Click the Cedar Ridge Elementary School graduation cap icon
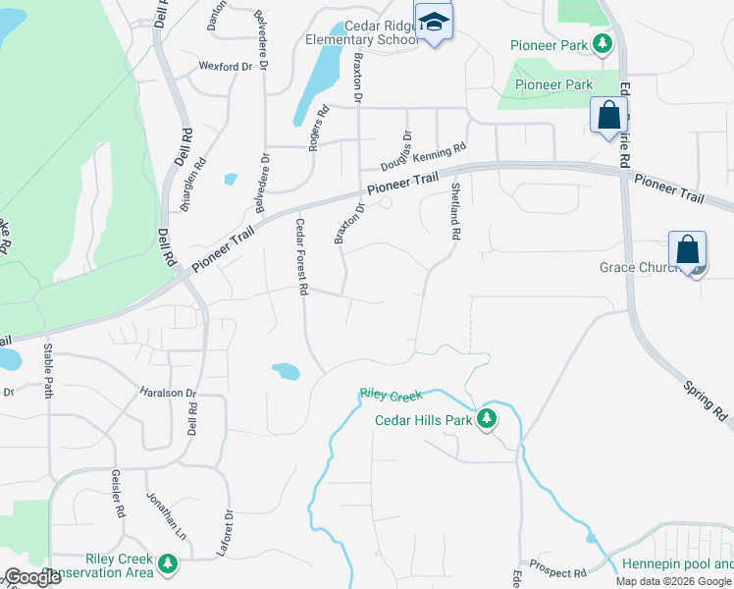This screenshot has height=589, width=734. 433,22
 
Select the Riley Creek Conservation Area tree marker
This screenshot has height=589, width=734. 168,563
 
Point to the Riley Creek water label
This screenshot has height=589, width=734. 391,395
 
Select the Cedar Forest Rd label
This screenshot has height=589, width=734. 302,256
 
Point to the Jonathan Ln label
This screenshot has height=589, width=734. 159,511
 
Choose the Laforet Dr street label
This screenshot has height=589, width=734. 230,533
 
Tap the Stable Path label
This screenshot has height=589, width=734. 48,371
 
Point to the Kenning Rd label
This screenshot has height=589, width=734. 438,154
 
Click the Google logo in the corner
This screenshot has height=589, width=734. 32,577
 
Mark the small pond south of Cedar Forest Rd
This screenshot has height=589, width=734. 286,371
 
